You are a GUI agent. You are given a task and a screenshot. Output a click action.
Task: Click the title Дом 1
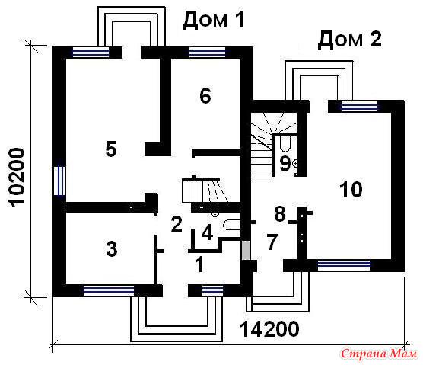(x=213, y=21)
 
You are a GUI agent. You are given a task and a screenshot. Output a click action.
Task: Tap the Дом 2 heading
(x=350, y=40)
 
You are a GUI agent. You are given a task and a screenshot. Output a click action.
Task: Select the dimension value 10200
(x=16, y=178)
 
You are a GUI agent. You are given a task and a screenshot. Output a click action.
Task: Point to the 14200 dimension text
(x=269, y=329)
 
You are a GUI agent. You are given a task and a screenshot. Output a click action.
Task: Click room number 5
(x=111, y=149)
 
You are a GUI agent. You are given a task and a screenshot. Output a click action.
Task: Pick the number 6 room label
(x=205, y=96)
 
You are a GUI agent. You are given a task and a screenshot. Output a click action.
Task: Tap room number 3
(x=112, y=249)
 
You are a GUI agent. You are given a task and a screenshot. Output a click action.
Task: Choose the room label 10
(x=351, y=190)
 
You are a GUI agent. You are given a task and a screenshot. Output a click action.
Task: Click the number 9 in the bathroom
(x=285, y=164)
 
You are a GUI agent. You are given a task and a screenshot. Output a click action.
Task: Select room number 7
(x=272, y=242)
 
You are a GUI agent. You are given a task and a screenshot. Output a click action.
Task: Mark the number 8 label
(x=280, y=214)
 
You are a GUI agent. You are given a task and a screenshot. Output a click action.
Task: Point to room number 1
(x=199, y=264)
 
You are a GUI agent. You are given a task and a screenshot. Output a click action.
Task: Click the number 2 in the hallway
(x=177, y=224)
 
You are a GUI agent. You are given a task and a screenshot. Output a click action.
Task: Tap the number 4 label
(x=207, y=233)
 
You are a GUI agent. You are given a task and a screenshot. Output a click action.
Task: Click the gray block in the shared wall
(x=245, y=251)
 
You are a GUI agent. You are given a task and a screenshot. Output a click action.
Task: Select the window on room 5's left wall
(x=59, y=181)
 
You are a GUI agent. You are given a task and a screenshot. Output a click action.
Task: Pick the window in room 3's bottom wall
(x=109, y=290)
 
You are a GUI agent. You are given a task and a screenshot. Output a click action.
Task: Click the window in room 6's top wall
(x=207, y=52)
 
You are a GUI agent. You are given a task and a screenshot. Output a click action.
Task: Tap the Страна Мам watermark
(x=379, y=354)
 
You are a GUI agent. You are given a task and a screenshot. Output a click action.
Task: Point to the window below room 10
(x=344, y=266)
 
